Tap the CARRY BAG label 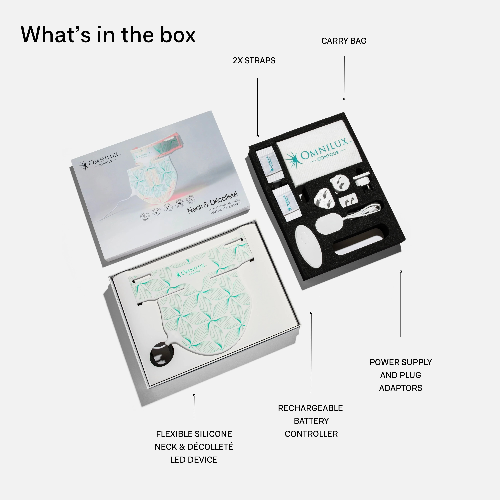pos(344,41)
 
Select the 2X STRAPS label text pos(254,60)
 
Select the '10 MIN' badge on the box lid pos(168,208)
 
